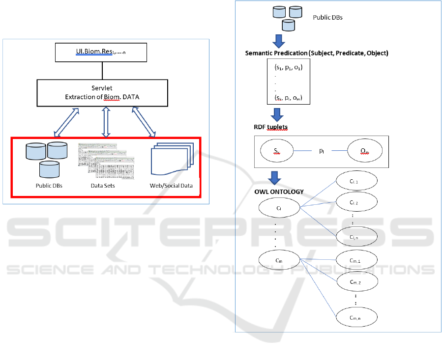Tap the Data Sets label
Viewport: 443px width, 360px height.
click(102, 186)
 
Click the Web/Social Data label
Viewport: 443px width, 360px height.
click(172, 186)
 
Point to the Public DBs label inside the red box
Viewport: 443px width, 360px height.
click(49, 186)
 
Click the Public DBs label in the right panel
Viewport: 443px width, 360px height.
click(327, 18)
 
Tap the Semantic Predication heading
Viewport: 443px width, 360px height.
click(317, 53)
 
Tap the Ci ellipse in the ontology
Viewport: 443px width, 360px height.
click(279, 208)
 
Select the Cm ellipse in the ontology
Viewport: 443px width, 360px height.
click(279, 259)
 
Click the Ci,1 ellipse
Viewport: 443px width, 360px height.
click(356, 181)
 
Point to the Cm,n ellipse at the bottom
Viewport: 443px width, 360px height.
click(356, 318)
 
